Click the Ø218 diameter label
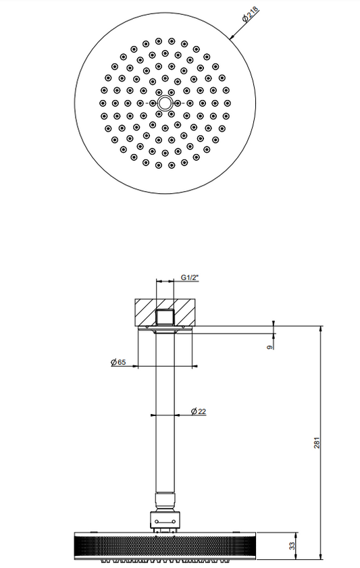pos(251,14)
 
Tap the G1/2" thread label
pos(190,278)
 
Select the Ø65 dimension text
pos(118,362)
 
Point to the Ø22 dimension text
pos(199,411)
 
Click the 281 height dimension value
pos(317,442)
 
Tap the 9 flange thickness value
pos(269,347)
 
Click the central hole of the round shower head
pos(165,103)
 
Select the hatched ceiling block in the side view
pos(165,312)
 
